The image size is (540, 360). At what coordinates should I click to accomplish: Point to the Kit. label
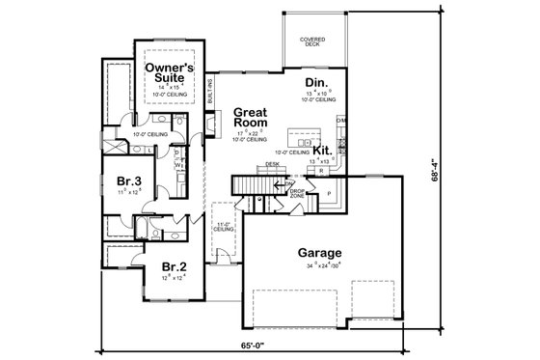point(322,151)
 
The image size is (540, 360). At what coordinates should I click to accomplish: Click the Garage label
point(317,256)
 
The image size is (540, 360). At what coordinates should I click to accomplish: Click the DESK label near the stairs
point(273,164)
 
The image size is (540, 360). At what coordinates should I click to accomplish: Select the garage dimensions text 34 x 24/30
point(317,269)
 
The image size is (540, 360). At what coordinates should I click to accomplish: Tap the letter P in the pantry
point(328,192)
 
